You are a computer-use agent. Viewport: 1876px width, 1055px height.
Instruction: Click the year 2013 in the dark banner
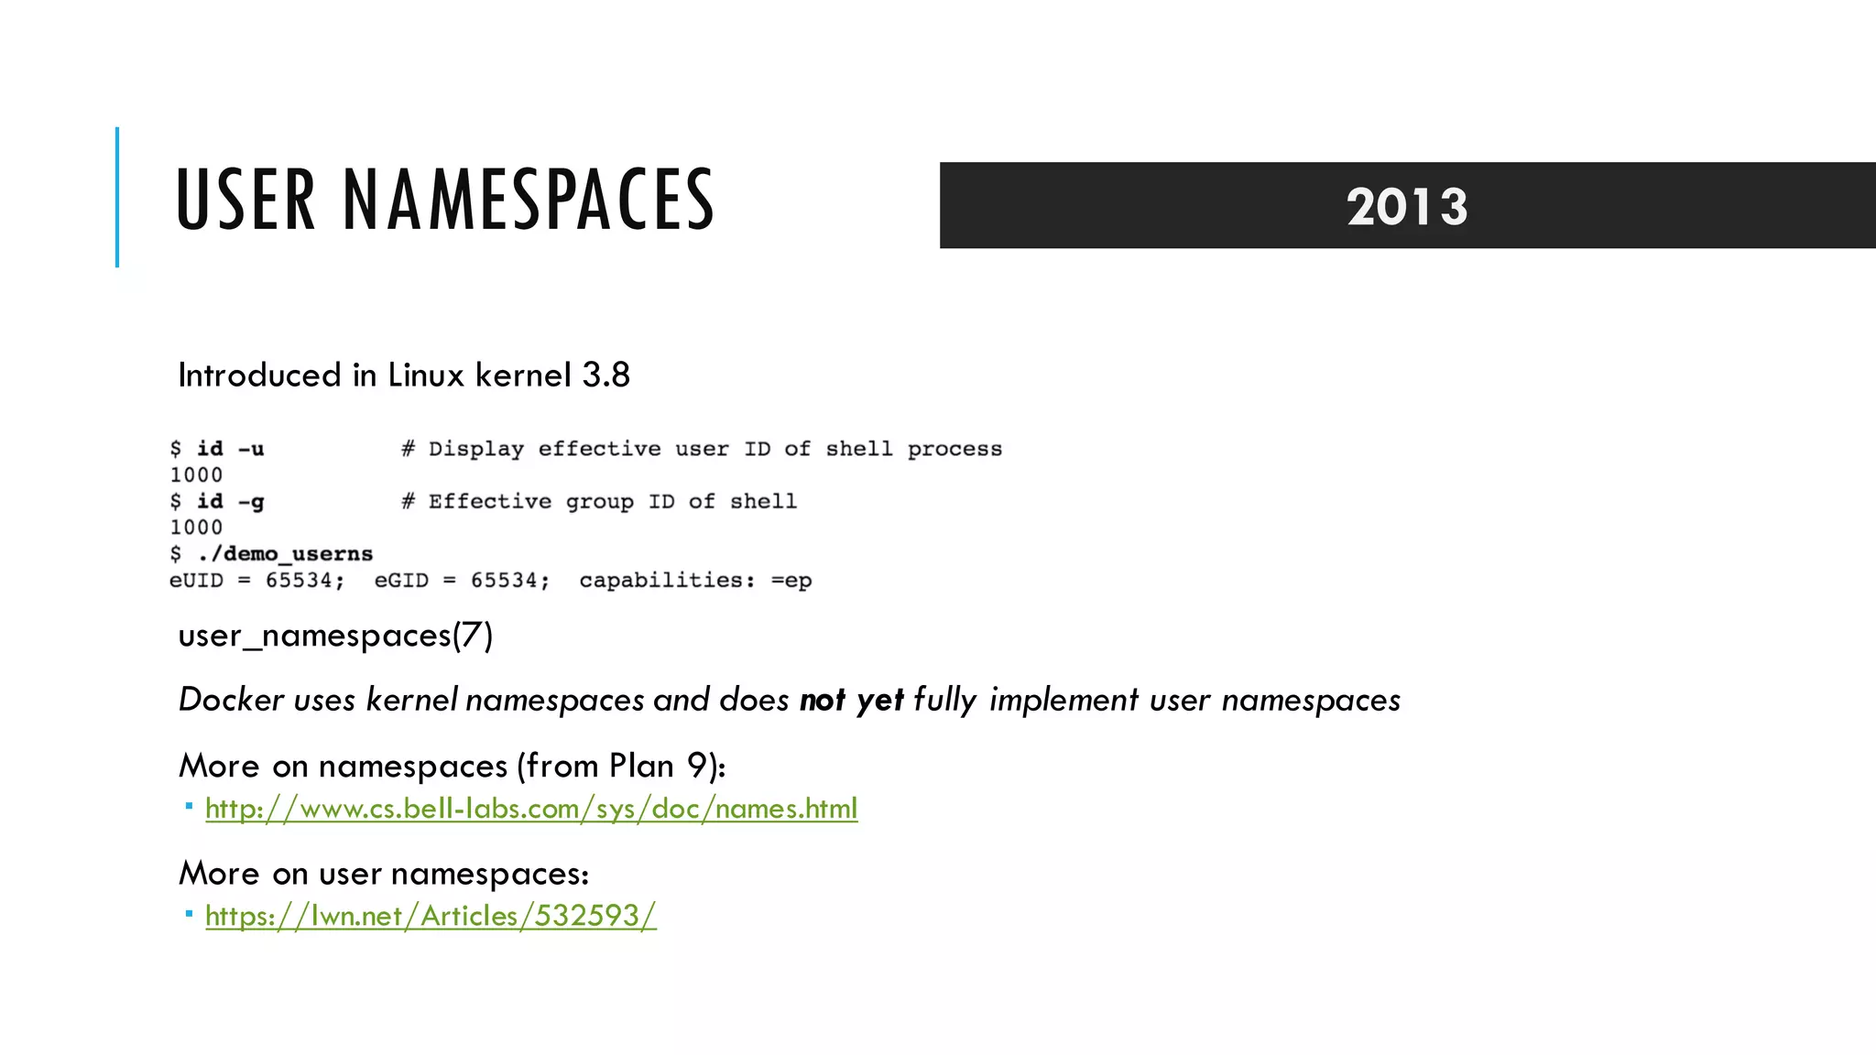point(1407,206)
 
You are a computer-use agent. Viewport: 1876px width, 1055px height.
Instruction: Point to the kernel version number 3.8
point(606,375)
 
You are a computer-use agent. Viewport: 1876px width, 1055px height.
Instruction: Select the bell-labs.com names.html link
point(531,809)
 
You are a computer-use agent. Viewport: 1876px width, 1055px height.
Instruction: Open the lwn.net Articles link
point(431,916)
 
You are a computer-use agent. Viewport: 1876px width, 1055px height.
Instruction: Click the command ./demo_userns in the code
point(285,554)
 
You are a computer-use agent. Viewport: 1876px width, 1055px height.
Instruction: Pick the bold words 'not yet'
point(851,700)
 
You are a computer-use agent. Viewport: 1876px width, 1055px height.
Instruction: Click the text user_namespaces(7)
point(335,636)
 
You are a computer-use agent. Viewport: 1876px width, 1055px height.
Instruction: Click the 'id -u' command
point(230,449)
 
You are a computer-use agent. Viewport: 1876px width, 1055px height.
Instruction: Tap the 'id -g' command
point(230,502)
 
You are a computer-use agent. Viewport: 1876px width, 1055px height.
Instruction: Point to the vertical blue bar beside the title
point(117,197)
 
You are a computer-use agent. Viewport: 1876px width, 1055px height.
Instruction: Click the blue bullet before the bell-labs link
point(189,807)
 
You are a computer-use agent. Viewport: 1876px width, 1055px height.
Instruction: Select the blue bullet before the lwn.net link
point(189,914)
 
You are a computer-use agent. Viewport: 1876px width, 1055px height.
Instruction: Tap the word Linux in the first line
point(426,375)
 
